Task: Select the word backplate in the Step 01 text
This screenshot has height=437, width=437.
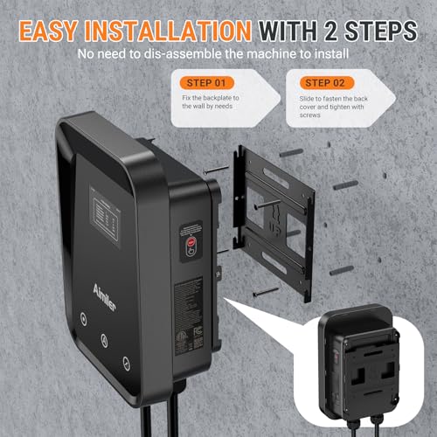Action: [x=224, y=103]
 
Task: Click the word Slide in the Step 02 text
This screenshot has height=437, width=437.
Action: [x=310, y=103]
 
